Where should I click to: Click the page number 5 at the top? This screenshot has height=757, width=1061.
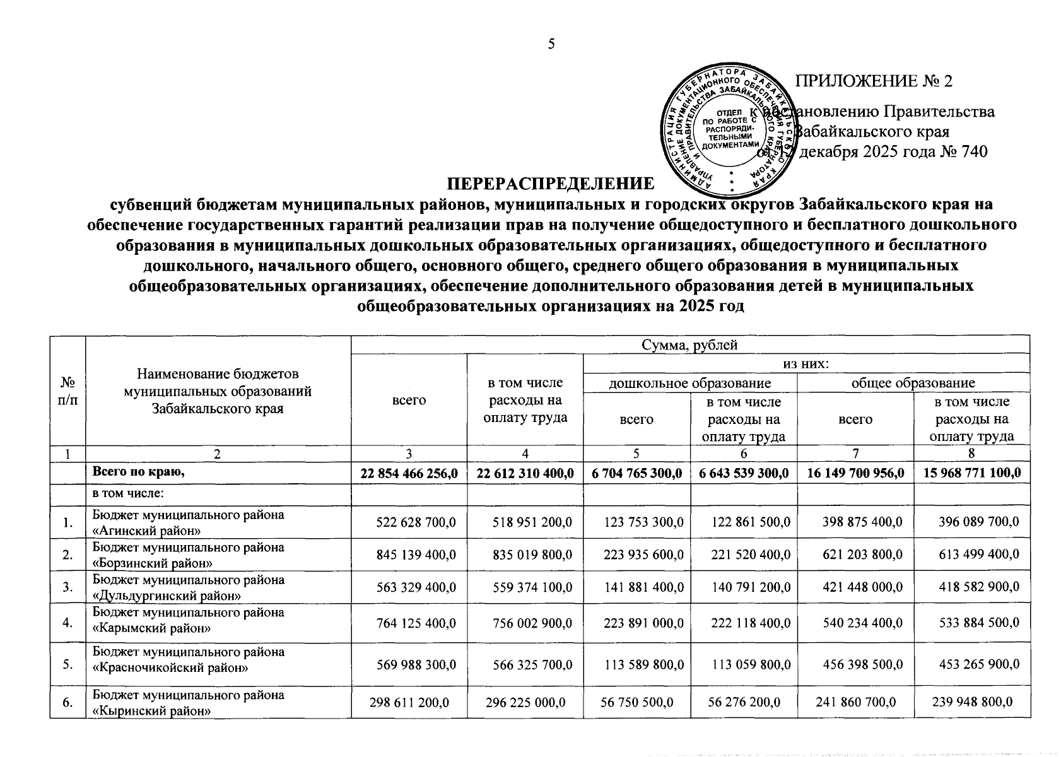(x=551, y=44)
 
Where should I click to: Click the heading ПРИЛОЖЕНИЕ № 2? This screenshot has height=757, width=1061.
(x=874, y=81)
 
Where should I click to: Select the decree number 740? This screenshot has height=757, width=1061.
(x=971, y=152)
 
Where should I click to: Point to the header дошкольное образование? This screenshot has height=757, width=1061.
(x=689, y=382)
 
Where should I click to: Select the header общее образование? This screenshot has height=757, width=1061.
(x=913, y=382)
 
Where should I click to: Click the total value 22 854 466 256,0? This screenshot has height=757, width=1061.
(x=409, y=473)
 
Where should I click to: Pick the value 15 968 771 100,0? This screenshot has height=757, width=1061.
(x=971, y=473)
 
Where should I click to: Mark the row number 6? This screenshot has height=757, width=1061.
(x=67, y=702)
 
